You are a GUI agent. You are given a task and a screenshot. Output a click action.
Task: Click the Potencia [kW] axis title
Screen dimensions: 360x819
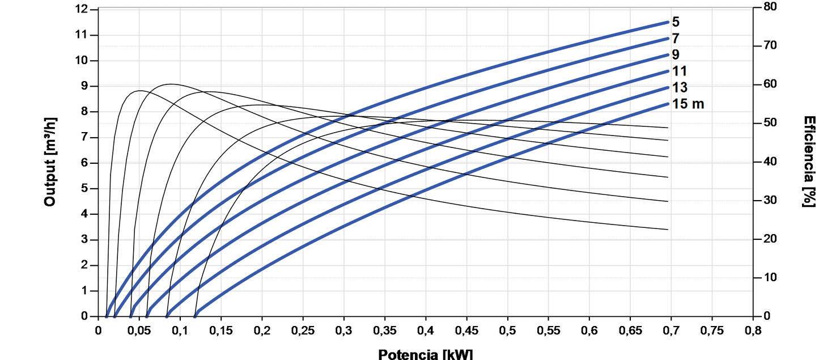pyautogui.click(x=425, y=354)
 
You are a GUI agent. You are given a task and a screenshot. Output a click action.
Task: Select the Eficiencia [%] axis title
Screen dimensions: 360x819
pyautogui.click(x=809, y=162)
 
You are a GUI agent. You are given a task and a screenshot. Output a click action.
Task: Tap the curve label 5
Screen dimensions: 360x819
pyautogui.click(x=676, y=23)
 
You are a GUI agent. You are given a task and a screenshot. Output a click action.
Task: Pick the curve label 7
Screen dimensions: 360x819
pyautogui.click(x=676, y=39)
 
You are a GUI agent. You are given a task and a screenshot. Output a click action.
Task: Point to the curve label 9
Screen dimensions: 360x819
pyautogui.click(x=676, y=55)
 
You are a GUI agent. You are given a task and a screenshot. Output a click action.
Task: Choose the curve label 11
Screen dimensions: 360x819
pyautogui.click(x=680, y=71)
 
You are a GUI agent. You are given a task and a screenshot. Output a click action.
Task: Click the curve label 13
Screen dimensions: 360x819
pyautogui.click(x=680, y=87)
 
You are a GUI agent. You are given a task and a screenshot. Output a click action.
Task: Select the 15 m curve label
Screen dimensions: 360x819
pyautogui.click(x=688, y=104)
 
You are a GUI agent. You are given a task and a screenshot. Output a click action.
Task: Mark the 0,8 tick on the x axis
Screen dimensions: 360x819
pyautogui.click(x=753, y=329)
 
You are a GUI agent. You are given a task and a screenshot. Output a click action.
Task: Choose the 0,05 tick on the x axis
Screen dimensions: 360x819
pyautogui.click(x=139, y=329)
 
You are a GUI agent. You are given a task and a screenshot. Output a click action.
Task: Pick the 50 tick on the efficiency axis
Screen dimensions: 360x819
pyautogui.click(x=765, y=123)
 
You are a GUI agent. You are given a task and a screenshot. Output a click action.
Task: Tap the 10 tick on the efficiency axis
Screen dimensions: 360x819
pyautogui.click(x=765, y=278)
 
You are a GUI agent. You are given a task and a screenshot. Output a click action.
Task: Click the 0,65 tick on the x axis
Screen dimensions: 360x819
pyautogui.click(x=630, y=329)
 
